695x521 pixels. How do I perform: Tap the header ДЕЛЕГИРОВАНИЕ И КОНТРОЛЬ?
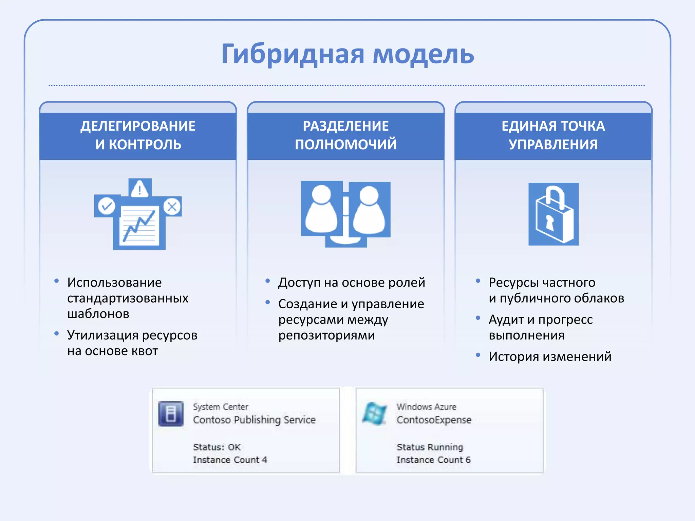click(x=138, y=135)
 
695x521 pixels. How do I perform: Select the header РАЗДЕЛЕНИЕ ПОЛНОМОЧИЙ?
click(x=346, y=135)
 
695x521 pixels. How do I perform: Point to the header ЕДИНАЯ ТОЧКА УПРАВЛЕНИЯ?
click(x=553, y=135)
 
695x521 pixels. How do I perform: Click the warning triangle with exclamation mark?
click(x=139, y=189)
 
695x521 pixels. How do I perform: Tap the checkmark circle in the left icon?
click(x=107, y=206)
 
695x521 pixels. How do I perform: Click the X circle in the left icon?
click(x=172, y=206)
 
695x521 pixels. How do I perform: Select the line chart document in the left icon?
click(x=139, y=225)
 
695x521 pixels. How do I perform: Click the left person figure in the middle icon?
click(x=321, y=210)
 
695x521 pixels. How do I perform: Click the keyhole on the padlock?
click(x=549, y=223)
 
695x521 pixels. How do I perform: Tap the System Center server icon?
click(x=171, y=413)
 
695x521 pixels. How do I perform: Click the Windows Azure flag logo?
click(x=374, y=413)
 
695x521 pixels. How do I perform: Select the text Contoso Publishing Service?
click(x=254, y=420)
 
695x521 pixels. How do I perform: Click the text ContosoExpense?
click(x=434, y=420)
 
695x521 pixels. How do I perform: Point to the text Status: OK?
click(x=217, y=447)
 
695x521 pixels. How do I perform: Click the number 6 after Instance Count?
click(x=468, y=460)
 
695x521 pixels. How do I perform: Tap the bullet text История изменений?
click(x=550, y=356)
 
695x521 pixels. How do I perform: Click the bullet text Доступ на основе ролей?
click(x=352, y=283)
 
